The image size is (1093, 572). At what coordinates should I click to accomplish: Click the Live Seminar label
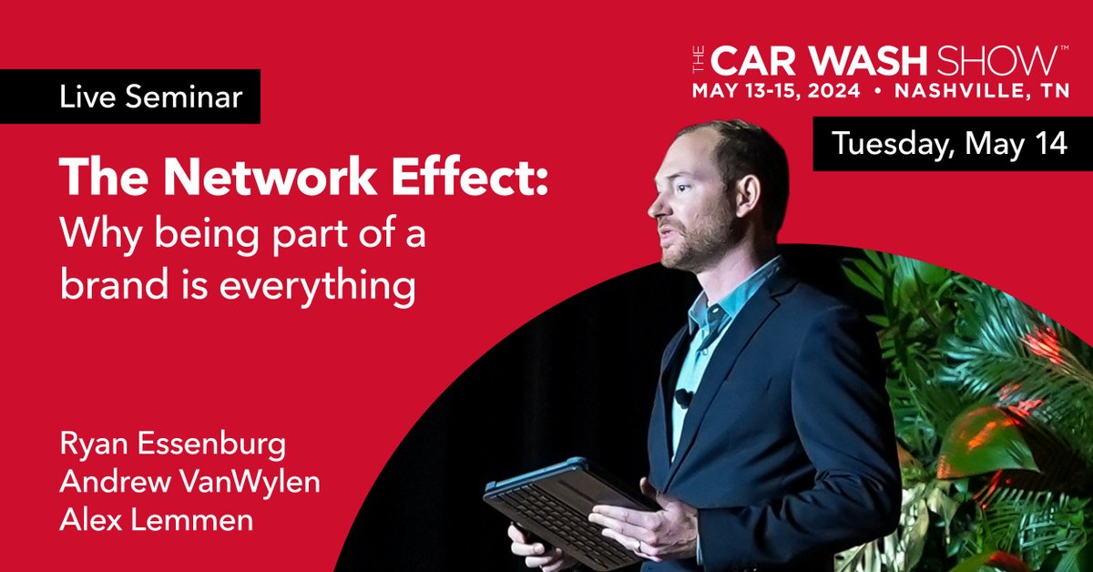(151, 97)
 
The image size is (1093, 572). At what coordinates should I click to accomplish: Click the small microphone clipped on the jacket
(681, 398)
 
